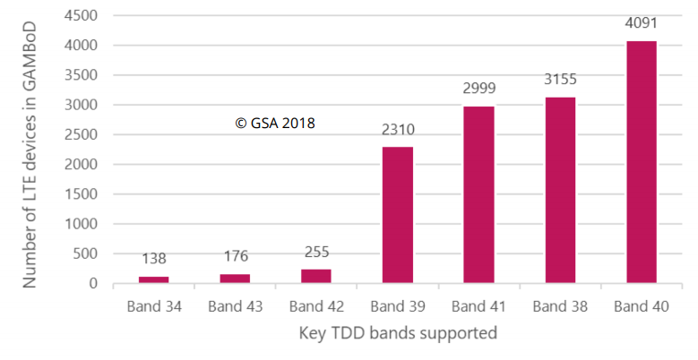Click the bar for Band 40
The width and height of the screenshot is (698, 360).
coord(640,162)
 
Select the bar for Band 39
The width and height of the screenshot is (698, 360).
coord(398,215)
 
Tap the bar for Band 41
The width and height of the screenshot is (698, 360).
coord(478,195)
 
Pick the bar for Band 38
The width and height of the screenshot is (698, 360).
coord(559,190)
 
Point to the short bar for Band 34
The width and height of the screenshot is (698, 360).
coord(154,279)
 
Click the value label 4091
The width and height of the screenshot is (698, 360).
coord(640,23)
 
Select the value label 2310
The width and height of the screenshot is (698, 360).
coord(398,129)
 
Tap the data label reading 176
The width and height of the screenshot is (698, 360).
coord(236,256)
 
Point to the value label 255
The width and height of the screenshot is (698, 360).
coord(316,252)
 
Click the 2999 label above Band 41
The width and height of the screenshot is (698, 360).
coord(478,88)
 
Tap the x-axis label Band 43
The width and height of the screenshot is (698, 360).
coord(236,306)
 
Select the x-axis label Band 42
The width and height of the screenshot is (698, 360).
coord(316,306)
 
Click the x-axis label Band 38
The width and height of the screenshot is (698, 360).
coord(559,306)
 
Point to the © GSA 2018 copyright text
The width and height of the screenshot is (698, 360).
coord(275,124)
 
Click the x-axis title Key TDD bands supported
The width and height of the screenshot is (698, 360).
coord(398,334)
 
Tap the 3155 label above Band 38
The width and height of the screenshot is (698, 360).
coord(559,79)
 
